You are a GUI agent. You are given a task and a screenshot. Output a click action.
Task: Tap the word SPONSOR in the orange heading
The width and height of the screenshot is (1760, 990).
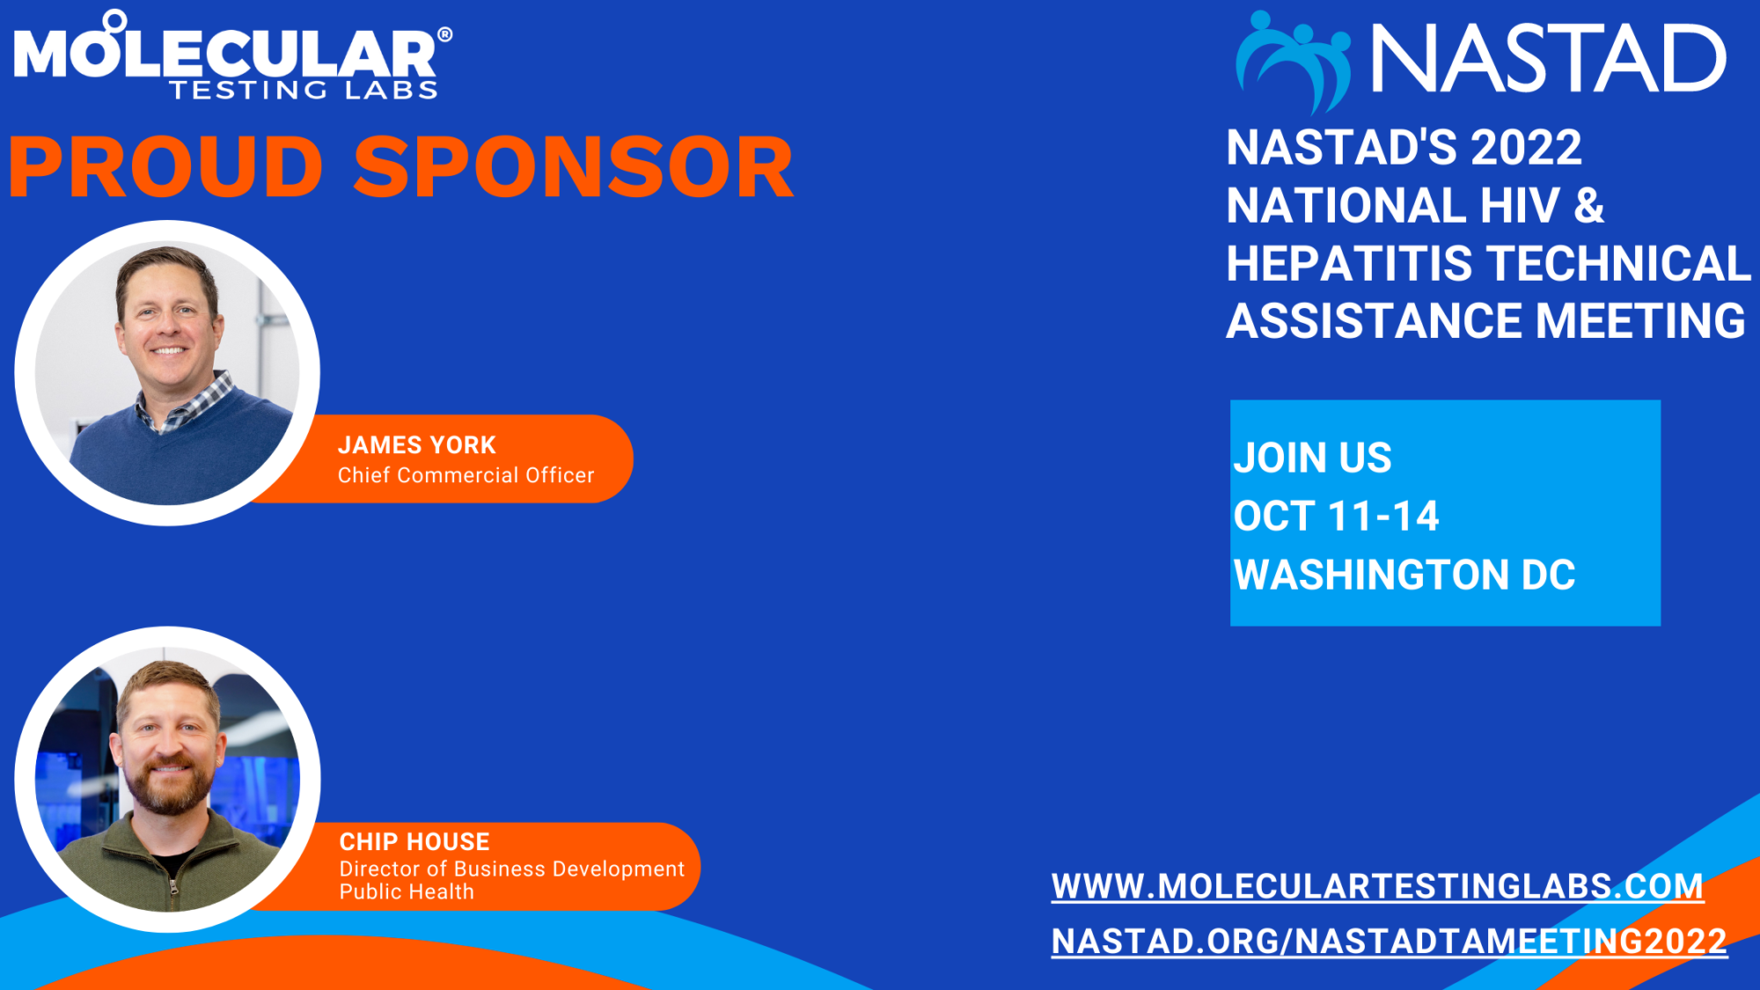(574, 167)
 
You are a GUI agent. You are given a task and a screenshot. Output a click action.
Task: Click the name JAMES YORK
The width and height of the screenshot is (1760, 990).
(417, 445)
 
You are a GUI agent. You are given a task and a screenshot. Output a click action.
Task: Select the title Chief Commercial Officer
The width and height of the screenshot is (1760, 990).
(466, 475)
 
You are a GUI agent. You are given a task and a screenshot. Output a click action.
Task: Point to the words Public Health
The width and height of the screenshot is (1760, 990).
(407, 892)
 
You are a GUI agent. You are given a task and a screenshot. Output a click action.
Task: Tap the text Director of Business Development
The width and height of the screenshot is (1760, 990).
(512, 869)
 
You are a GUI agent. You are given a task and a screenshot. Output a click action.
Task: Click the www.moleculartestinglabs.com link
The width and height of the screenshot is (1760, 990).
(1377, 886)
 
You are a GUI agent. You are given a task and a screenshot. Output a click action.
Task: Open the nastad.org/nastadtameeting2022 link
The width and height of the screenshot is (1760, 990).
(1390, 942)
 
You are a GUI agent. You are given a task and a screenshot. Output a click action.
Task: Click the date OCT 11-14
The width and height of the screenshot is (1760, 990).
(1336, 517)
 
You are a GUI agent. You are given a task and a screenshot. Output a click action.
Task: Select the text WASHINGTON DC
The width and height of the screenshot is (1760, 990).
(1404, 576)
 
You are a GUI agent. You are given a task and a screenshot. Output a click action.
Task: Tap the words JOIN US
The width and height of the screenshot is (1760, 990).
(1312, 458)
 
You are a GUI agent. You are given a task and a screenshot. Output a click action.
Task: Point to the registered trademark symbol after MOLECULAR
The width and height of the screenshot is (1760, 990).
(445, 35)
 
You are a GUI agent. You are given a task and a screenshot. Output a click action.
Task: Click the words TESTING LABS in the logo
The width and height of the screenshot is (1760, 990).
(304, 90)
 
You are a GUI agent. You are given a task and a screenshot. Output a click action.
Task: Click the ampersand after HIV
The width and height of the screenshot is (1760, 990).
(1588, 206)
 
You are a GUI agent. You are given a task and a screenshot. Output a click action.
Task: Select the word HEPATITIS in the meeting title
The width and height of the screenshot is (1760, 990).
(1349, 264)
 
